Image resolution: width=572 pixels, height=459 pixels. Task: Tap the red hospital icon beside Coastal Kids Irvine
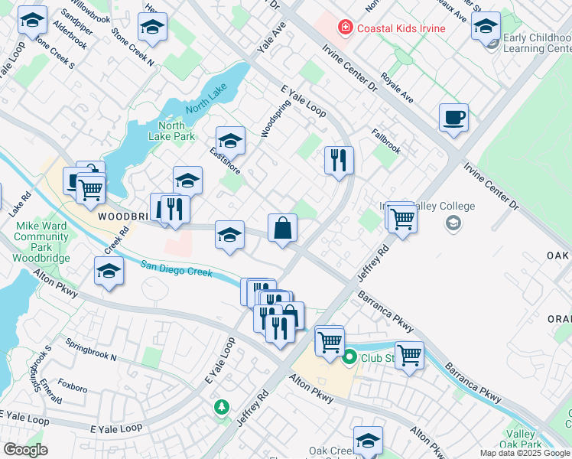(346, 28)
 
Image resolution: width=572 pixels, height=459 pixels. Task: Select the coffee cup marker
(453, 118)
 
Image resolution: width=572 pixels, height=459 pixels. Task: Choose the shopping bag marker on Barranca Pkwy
(282, 228)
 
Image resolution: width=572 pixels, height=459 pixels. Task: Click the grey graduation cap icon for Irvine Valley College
(453, 223)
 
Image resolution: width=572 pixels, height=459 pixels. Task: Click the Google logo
(25, 449)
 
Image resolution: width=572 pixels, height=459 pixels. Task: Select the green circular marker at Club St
(350, 356)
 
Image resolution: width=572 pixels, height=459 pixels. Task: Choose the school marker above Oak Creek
(368, 440)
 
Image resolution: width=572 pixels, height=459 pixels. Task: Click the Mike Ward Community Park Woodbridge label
(41, 243)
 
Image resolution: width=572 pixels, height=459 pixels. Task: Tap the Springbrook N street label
(91, 350)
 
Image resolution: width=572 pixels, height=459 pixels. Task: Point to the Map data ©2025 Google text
(525, 453)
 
